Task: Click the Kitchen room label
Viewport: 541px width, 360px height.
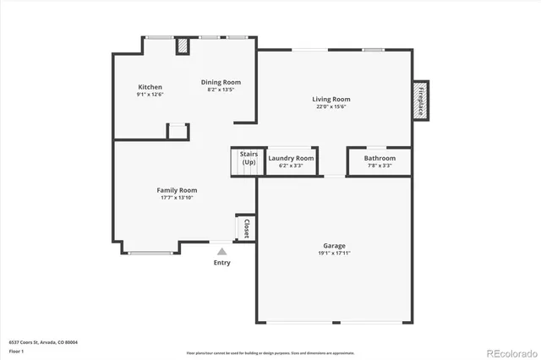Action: pyautogui.click(x=150, y=87)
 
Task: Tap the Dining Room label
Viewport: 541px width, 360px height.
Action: pyautogui.click(x=221, y=82)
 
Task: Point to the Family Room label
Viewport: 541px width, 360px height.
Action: pyautogui.click(x=178, y=190)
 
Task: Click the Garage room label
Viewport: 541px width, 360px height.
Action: pyautogui.click(x=335, y=245)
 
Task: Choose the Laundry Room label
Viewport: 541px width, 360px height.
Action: pyautogui.click(x=291, y=158)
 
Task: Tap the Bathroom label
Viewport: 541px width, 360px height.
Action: pyautogui.click(x=380, y=158)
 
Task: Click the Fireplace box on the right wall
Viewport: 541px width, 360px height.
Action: pyautogui.click(x=420, y=99)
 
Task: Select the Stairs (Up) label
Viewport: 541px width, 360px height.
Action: pyautogui.click(x=249, y=158)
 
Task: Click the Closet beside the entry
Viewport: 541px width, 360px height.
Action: pyautogui.click(x=245, y=228)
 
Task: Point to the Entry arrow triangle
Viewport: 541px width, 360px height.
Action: pyautogui.click(x=221, y=251)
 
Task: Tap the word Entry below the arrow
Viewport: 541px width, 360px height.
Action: pyautogui.click(x=221, y=263)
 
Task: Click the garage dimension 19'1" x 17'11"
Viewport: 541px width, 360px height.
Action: pyautogui.click(x=335, y=253)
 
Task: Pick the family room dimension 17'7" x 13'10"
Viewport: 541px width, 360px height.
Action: pyautogui.click(x=178, y=198)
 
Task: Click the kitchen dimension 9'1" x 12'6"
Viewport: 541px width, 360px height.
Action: pyautogui.click(x=150, y=95)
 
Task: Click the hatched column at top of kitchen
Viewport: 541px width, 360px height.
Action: pyautogui.click(x=183, y=46)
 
